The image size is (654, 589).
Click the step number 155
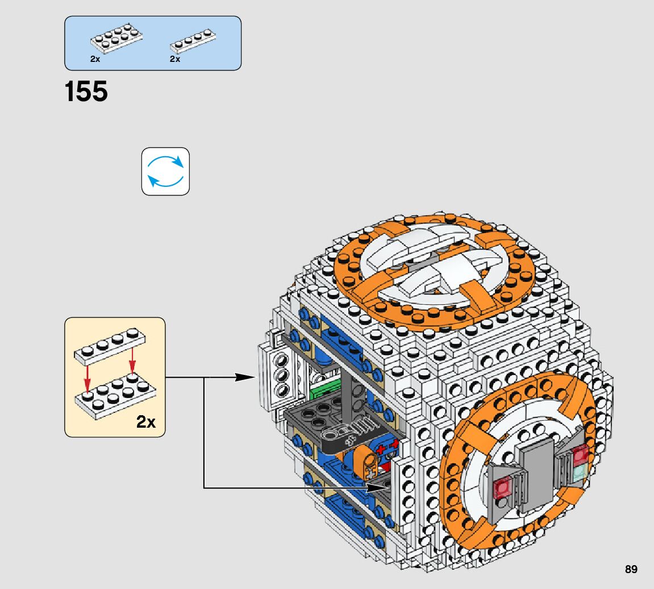(x=86, y=91)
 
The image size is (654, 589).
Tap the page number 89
(x=631, y=569)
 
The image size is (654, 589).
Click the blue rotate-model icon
(x=165, y=172)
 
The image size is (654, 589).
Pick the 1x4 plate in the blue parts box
(x=193, y=41)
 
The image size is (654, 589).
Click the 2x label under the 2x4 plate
(x=95, y=59)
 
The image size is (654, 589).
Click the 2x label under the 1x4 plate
(x=174, y=59)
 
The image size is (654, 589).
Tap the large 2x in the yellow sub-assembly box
(x=145, y=421)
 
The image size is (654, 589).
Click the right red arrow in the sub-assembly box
(x=132, y=360)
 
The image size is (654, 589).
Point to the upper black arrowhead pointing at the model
(x=245, y=377)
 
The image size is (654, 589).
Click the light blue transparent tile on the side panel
(x=580, y=472)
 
